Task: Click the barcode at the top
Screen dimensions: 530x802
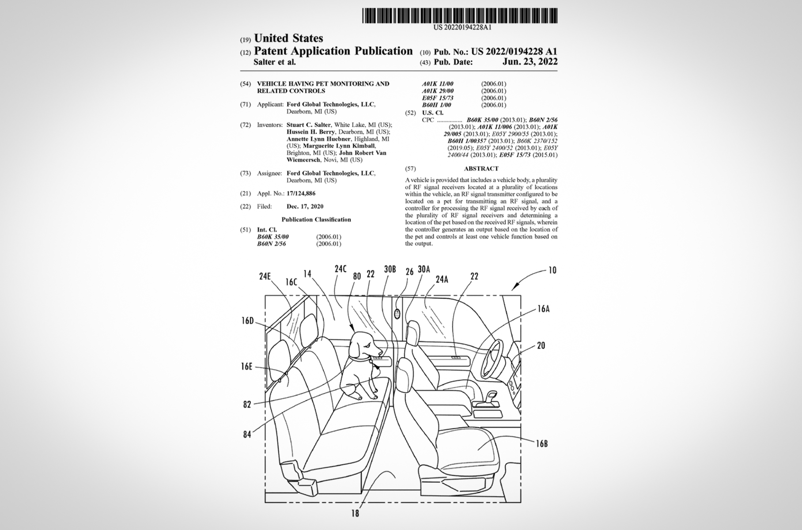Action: point(460,15)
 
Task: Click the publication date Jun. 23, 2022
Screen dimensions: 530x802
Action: point(530,62)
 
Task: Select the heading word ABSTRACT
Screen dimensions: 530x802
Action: point(481,169)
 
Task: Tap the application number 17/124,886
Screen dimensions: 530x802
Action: point(301,193)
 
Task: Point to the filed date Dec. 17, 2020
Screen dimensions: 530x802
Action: point(305,206)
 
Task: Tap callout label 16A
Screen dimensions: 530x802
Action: point(543,309)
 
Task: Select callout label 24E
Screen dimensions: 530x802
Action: point(265,277)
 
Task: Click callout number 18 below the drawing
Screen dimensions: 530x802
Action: point(355,513)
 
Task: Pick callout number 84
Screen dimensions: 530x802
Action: point(247,435)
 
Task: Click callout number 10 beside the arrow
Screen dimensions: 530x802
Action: point(552,270)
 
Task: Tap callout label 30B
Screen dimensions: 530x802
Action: point(390,269)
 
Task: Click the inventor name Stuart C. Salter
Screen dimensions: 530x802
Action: point(308,125)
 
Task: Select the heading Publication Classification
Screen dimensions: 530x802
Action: point(316,220)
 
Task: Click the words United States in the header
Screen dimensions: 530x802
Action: point(288,38)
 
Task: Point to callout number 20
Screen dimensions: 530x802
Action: point(541,346)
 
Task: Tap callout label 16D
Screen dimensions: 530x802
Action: point(247,321)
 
